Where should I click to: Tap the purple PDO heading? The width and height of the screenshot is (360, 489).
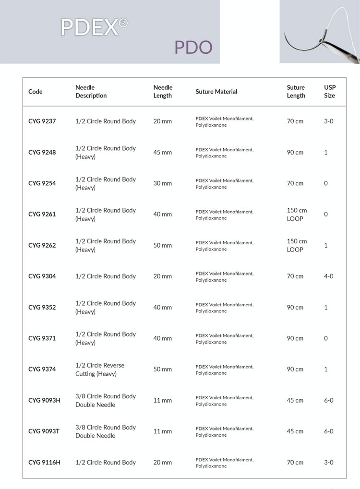[193, 48]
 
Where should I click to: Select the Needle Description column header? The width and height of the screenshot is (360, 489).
[91, 92]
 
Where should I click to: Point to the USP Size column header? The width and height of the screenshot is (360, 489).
[330, 92]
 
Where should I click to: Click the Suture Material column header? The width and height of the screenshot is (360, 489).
[216, 92]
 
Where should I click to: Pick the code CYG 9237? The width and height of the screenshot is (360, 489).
[42, 121]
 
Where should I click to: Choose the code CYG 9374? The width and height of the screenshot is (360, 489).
[42, 370]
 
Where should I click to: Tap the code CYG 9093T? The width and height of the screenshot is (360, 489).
[45, 431]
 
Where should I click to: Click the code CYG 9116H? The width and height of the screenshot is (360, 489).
[45, 463]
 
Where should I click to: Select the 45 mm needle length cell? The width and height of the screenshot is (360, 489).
[162, 153]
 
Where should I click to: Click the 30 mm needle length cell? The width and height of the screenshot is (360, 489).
[162, 183]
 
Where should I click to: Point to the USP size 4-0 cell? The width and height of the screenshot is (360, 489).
[328, 276]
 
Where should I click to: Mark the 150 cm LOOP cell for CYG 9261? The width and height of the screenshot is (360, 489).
[297, 215]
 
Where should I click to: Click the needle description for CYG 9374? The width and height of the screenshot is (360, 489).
[100, 370]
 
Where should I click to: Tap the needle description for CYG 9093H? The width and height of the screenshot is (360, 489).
[106, 400]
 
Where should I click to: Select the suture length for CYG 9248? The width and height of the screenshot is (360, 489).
[295, 153]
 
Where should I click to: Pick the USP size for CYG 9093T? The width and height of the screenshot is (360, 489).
[328, 431]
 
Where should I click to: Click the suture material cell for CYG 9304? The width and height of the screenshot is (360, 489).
[224, 276]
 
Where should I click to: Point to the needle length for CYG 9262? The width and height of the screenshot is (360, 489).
[162, 245]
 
